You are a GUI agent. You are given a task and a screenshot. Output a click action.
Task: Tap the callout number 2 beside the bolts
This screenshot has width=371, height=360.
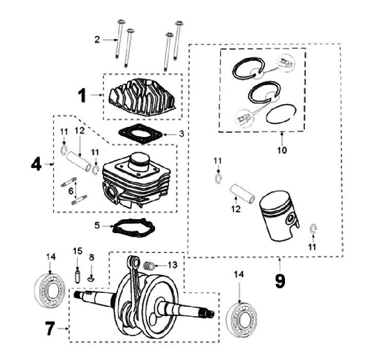[x=97, y=39]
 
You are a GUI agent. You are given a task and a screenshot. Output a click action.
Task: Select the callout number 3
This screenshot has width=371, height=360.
[x=181, y=134]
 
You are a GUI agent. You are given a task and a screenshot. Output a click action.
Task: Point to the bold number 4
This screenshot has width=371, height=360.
[x=36, y=164]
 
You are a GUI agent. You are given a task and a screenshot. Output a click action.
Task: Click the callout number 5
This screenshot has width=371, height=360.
[x=96, y=225]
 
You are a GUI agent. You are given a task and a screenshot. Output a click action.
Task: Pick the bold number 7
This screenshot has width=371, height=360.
[x=50, y=328]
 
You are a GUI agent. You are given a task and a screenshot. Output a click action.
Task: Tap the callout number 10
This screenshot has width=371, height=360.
[x=282, y=151]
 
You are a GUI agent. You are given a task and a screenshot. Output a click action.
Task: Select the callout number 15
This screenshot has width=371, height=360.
[x=77, y=251]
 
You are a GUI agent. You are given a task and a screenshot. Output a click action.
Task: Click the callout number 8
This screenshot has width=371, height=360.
[x=92, y=256]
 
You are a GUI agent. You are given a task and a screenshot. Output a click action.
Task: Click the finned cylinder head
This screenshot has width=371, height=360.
[x=142, y=97]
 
